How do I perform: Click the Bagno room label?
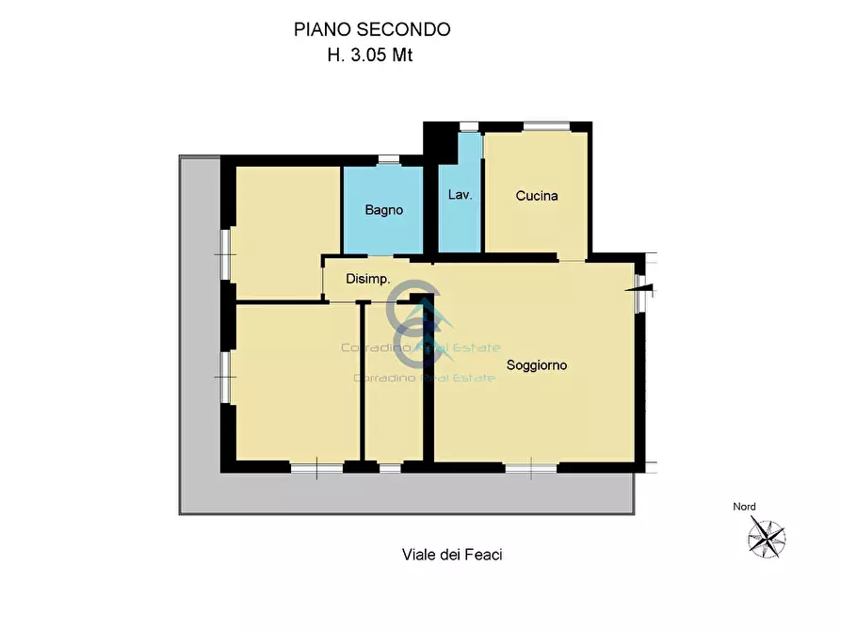point(384,210)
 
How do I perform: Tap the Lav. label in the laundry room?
point(461,196)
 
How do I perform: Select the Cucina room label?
point(537,196)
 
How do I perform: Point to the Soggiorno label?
point(537,365)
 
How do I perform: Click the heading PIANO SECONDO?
point(372,29)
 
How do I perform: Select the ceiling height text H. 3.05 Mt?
point(370,55)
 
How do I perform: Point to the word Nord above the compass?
point(744,507)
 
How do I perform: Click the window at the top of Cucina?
point(546,126)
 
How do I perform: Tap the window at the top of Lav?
point(468,126)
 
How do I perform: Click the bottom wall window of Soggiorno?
point(530,466)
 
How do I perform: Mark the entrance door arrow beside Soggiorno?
point(641,290)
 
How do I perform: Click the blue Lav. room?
point(461,226)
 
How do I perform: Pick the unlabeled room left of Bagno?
point(286,231)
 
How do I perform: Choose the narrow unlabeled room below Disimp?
point(394,396)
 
